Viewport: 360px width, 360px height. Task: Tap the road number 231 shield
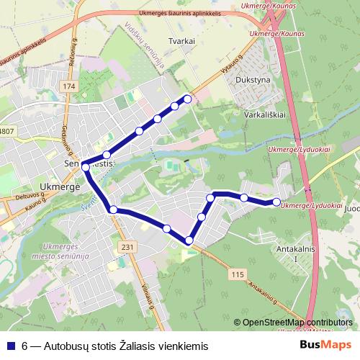tap(127, 247)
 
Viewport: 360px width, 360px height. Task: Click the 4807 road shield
tap(6, 130)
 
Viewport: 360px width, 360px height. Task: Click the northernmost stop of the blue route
tap(188, 99)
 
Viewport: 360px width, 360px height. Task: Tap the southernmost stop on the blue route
tap(189, 240)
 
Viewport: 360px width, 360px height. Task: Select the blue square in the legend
tap(10, 346)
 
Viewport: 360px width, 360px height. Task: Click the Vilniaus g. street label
tap(150, 296)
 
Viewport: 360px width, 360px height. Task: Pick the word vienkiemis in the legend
tap(181, 346)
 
